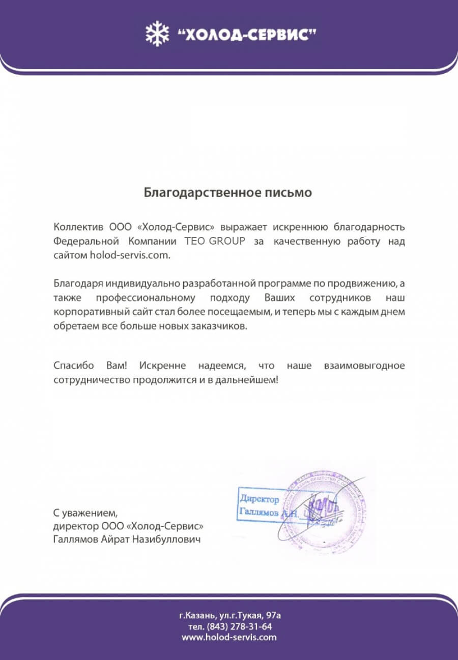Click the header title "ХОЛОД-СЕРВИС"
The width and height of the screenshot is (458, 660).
tap(247, 35)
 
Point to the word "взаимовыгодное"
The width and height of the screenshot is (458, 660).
tap(364, 365)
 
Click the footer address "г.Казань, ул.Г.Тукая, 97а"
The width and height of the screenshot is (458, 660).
tap(230, 615)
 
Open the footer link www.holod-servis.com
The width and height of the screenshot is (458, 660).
tap(229, 637)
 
